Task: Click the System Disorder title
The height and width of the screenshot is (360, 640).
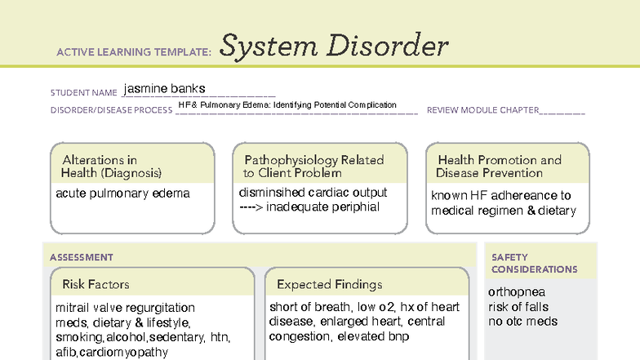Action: pos(334,47)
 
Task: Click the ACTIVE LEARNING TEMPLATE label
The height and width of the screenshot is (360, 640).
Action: pos(134,52)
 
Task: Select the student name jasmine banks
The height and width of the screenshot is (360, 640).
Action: pos(165,88)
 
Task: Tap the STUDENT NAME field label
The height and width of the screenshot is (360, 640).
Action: pos(84,93)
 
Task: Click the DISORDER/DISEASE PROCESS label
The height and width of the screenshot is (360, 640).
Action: pos(111,110)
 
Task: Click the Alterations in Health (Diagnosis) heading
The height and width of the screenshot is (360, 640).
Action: pos(112,167)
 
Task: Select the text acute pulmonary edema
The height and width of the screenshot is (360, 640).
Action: pos(122,193)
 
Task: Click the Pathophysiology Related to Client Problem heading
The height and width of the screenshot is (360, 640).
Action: pos(313,167)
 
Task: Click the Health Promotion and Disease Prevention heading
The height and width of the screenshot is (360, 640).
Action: pos(499,167)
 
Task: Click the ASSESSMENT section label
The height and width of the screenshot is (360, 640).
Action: pos(82,257)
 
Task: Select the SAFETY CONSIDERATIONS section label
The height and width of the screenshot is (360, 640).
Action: pos(534,263)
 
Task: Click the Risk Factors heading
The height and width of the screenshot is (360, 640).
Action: pos(96,285)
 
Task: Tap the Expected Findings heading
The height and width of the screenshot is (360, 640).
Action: pos(329,285)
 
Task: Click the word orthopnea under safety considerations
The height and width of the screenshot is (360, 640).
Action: pos(517,292)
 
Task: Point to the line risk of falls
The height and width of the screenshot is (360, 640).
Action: pos(518,307)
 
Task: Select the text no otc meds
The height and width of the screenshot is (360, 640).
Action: pos(522,321)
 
